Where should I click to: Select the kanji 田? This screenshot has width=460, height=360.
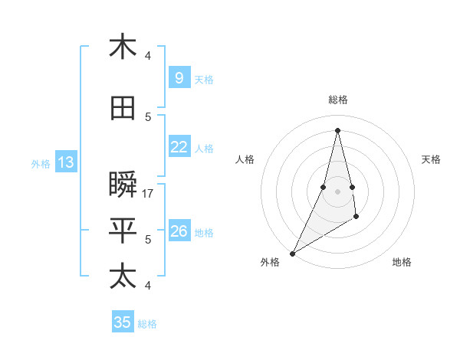point(123,109)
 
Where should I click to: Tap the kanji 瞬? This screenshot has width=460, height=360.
point(123,185)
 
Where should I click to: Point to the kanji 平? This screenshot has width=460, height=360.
point(123,231)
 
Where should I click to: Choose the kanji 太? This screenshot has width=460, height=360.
point(123,276)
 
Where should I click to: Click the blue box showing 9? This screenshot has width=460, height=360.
point(179,78)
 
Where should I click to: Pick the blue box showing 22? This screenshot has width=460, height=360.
point(179,147)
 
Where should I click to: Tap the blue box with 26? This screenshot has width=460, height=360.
point(179,231)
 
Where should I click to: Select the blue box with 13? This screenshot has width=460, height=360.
point(65,162)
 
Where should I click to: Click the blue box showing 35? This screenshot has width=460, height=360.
point(123,322)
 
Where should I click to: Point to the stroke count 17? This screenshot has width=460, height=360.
point(149,194)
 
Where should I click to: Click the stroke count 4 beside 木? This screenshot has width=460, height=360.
point(148,55)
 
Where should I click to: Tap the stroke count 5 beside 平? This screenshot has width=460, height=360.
point(148,240)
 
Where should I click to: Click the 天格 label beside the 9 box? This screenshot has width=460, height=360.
point(204,80)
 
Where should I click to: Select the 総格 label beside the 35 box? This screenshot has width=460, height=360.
point(147,324)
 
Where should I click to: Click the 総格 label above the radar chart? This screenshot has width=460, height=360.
point(337,100)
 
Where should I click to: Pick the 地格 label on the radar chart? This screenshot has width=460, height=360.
point(402,262)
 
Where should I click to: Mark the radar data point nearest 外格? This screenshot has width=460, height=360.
point(292,254)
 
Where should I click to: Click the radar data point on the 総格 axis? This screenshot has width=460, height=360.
point(337,129)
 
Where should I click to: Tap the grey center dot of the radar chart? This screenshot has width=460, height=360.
point(337,191)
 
